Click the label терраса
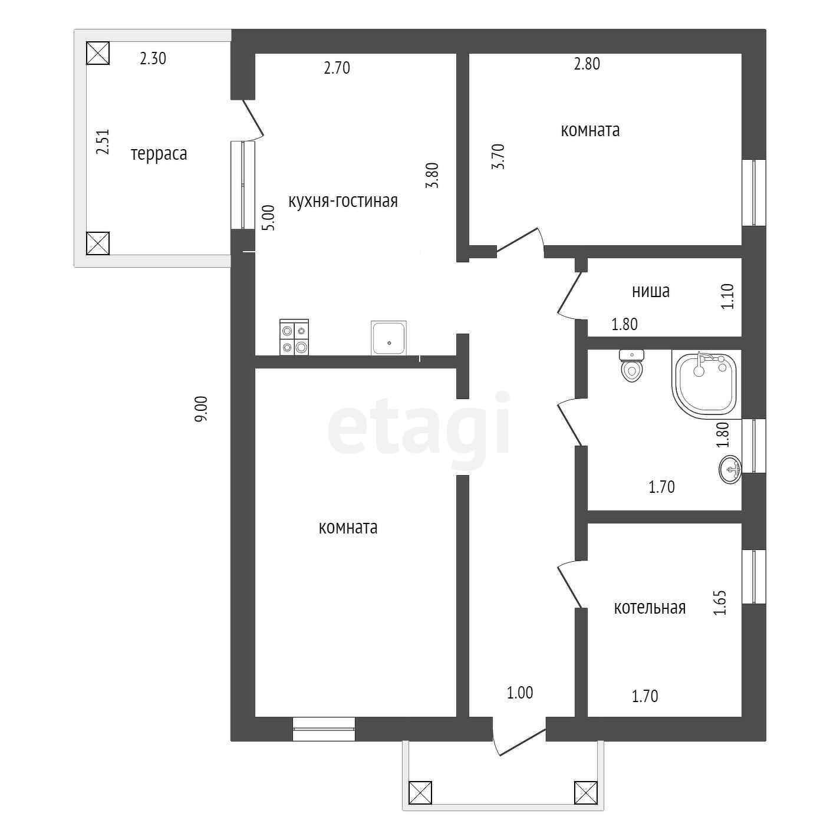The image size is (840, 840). (159, 154)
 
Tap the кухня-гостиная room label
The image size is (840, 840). (342, 201)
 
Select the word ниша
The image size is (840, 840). (650, 291)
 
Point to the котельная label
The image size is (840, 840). (650, 608)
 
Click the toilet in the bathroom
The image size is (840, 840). (632, 366)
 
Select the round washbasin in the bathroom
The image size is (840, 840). (730, 470)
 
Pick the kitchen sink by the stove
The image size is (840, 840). (388, 338)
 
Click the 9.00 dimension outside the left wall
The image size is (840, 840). (201, 409)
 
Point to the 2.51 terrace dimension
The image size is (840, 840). (103, 142)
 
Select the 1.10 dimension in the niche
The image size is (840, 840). (727, 297)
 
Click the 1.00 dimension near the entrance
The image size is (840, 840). (519, 693)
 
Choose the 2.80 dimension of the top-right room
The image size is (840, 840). (587, 64)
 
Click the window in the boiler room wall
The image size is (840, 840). (753, 577)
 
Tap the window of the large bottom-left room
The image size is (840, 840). (324, 729)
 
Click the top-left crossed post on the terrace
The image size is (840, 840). (98, 53)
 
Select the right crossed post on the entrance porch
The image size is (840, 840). (585, 793)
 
